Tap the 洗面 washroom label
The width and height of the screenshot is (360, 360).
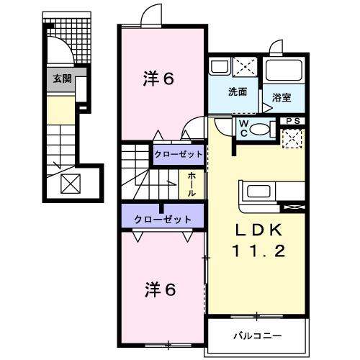point(238,92)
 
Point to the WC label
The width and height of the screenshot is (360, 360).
point(243,127)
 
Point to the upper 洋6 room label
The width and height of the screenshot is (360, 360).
point(158,79)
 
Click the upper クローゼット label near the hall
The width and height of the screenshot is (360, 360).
point(176,154)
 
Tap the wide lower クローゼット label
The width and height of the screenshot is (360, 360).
point(163,219)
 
